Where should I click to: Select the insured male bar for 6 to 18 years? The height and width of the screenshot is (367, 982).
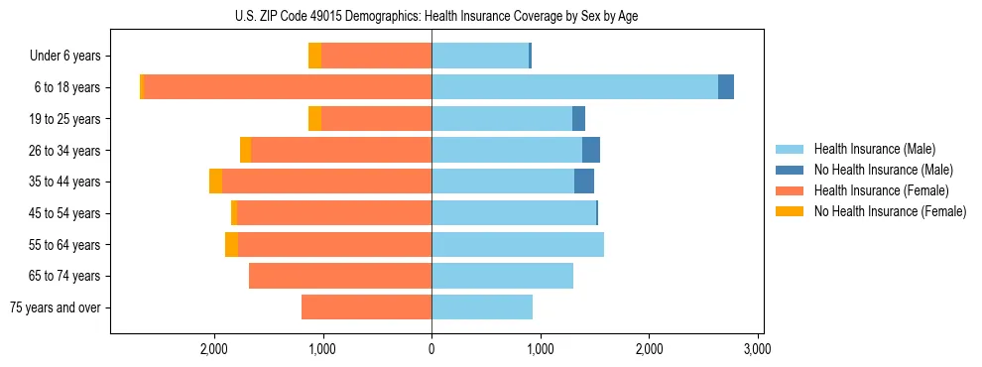(574, 87)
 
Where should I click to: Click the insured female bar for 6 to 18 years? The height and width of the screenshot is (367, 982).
(288, 87)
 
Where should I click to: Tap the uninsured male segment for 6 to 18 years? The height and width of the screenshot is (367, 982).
(726, 87)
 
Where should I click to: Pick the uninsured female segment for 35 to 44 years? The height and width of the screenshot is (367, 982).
(215, 182)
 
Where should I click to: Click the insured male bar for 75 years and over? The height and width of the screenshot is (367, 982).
(482, 307)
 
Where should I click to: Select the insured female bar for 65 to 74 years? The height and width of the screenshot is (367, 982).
(340, 276)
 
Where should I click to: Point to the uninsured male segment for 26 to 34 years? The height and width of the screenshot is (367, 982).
(591, 150)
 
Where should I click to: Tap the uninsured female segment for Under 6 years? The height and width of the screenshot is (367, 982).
(314, 56)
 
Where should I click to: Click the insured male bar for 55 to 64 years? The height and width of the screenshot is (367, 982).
(518, 244)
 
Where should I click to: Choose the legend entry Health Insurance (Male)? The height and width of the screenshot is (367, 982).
(874, 149)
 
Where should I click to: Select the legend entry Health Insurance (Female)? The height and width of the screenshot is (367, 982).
(881, 190)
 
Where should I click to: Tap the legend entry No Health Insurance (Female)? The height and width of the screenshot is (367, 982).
(890, 211)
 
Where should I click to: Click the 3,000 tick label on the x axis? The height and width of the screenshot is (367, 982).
(758, 349)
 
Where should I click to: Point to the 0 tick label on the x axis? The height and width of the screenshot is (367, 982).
(431, 349)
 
